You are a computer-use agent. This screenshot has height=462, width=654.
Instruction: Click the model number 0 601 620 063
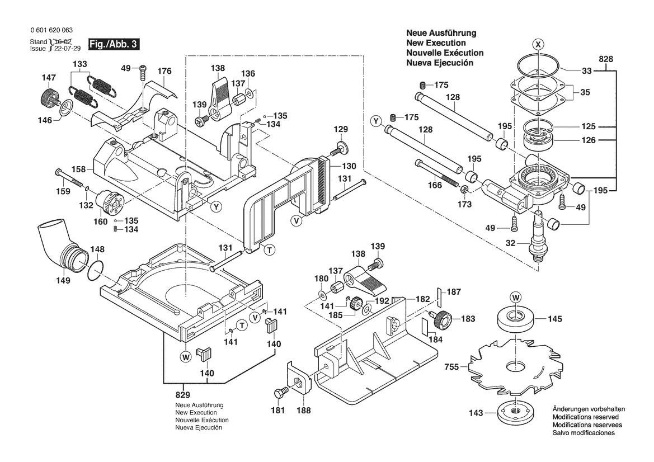click(50, 31)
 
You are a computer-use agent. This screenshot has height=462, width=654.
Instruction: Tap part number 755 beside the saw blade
click(451, 367)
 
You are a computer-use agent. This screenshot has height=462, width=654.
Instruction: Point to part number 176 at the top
click(164, 71)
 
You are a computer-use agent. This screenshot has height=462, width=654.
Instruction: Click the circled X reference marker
click(537, 44)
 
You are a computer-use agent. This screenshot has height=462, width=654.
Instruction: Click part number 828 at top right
click(606, 59)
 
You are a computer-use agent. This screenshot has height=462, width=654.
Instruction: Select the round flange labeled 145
click(513, 320)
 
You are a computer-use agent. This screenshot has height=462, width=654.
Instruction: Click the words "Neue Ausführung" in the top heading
click(441, 33)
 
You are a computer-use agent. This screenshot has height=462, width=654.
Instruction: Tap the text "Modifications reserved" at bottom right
click(585, 417)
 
